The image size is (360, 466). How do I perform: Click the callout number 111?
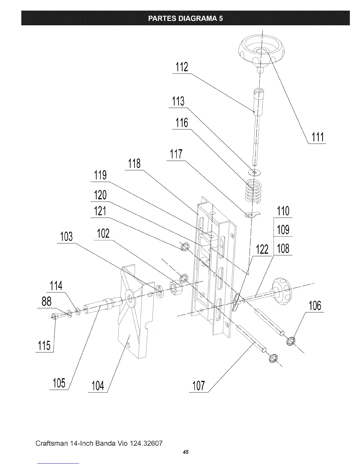317,137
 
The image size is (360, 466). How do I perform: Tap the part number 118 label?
134,164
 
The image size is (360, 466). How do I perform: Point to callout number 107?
198,386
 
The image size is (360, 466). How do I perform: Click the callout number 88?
46,302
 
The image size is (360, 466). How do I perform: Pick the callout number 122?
262,249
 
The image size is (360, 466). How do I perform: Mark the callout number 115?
44,346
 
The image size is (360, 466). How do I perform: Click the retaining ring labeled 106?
291,341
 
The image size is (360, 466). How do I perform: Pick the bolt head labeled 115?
54,317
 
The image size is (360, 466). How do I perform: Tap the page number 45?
185,452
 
